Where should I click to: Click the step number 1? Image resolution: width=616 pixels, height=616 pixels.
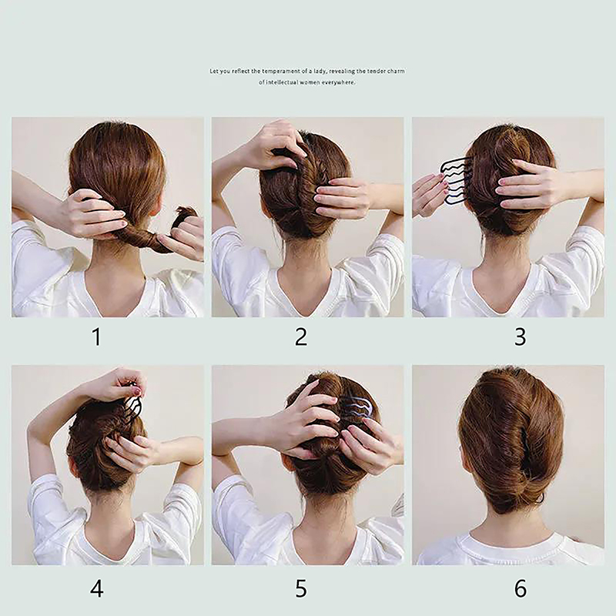click(96, 337)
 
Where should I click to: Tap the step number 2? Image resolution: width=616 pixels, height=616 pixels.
click(301, 337)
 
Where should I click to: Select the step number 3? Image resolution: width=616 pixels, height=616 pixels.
click(521, 337)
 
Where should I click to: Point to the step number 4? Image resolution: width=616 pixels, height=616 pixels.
click(97, 589)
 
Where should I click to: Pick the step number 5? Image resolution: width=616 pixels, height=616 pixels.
click(301, 589)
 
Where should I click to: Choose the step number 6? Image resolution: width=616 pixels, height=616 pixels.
click(521, 589)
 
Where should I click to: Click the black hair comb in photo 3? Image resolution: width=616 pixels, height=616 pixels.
click(456, 180)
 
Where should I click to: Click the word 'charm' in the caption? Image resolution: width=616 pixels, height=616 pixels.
click(396, 71)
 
